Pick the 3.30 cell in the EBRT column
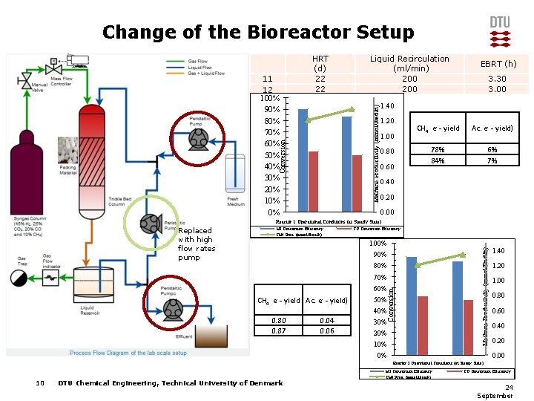(497, 79)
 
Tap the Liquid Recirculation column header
(409, 63)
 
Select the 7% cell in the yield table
(492, 161)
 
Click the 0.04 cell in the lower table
(326, 320)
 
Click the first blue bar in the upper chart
(303, 160)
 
